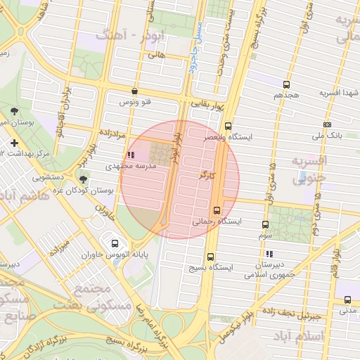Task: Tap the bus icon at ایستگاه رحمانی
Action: tap(217, 210)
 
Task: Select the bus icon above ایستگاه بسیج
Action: tap(210, 257)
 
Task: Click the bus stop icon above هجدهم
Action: tap(286, 84)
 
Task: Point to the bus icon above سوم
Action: tap(265, 225)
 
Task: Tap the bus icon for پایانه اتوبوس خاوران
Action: tap(114, 244)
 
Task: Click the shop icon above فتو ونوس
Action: tap(134, 91)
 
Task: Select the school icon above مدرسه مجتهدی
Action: tap(129, 155)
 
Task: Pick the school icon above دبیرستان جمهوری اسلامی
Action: tap(269, 253)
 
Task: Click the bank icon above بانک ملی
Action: tap(326, 124)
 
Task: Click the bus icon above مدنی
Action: tap(347, 298)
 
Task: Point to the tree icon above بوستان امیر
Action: tap(15, 111)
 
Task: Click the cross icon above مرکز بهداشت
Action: tap(15, 143)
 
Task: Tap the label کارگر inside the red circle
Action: tap(206, 173)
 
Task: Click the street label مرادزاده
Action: tap(111, 132)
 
